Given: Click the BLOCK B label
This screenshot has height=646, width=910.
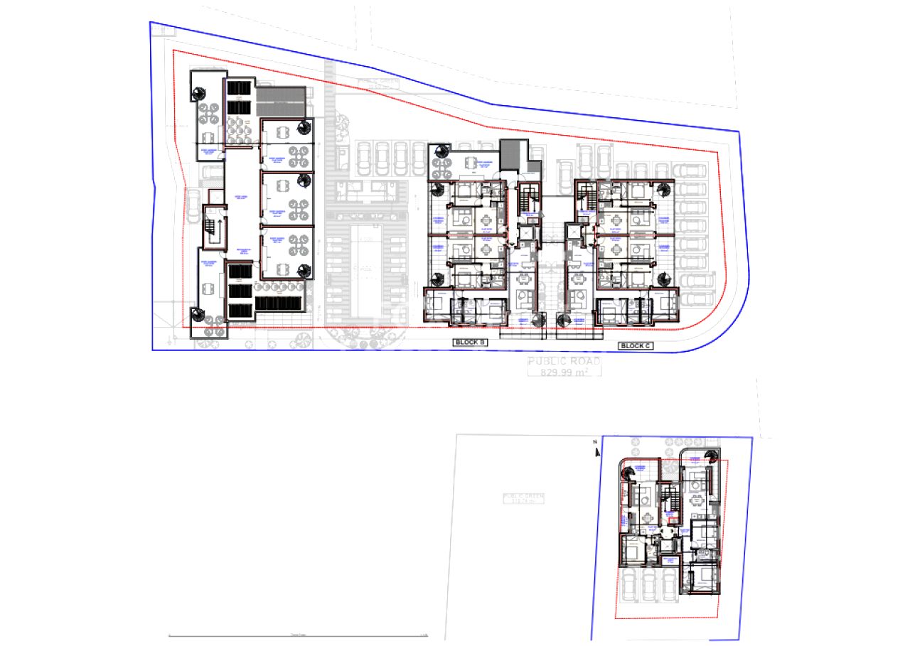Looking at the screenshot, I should click(x=471, y=343).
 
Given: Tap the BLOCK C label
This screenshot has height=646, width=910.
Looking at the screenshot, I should click(x=635, y=346).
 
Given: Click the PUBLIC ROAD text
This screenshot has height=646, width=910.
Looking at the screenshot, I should click(x=564, y=361).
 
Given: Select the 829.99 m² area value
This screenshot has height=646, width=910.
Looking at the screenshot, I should click(x=564, y=372).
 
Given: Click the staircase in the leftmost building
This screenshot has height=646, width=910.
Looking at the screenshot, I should click(x=211, y=227).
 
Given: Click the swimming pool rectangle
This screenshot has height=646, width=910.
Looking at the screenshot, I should click(x=368, y=267).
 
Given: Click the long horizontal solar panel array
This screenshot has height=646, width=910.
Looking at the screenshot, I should click(x=279, y=303).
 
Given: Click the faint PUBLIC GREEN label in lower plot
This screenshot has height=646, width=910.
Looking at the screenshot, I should click(x=523, y=498).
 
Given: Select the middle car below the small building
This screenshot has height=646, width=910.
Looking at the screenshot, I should click(x=650, y=586).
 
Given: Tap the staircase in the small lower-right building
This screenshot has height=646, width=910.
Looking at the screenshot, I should click(x=668, y=494).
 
